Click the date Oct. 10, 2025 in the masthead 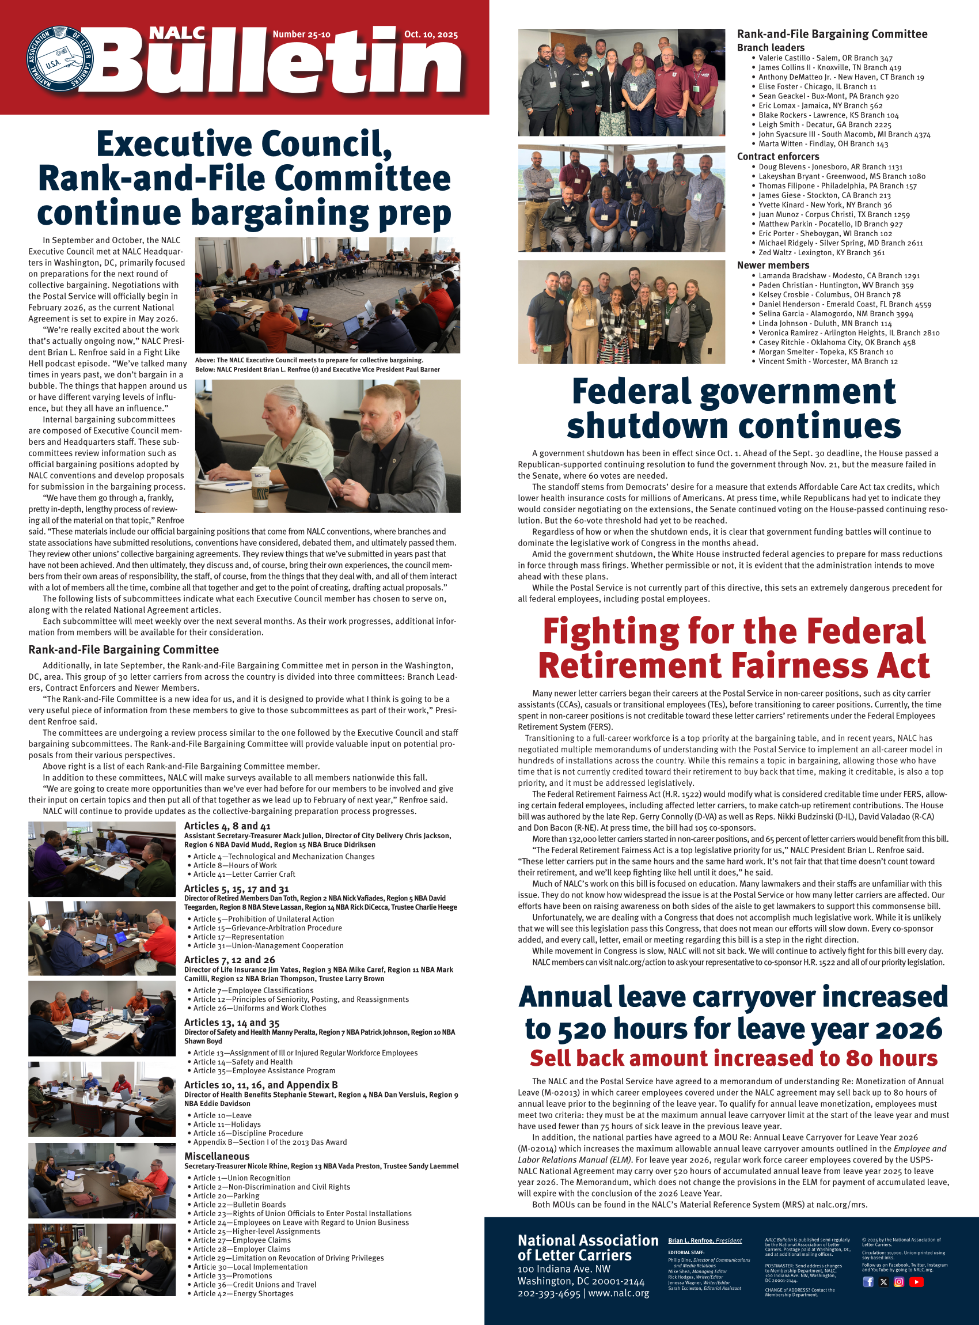431,35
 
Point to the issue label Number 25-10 301,35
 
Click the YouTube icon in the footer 916,1281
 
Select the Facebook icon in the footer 868,1281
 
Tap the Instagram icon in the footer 899,1281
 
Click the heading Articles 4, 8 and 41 227,826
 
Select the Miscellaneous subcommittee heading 217,1156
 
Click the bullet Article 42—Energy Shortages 243,1293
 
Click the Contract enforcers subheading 777,157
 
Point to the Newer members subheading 773,265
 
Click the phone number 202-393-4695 549,1293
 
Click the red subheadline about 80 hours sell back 734,1058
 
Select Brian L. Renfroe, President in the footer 705,1240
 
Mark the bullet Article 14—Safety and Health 242,1062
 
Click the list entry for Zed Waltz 821,252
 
